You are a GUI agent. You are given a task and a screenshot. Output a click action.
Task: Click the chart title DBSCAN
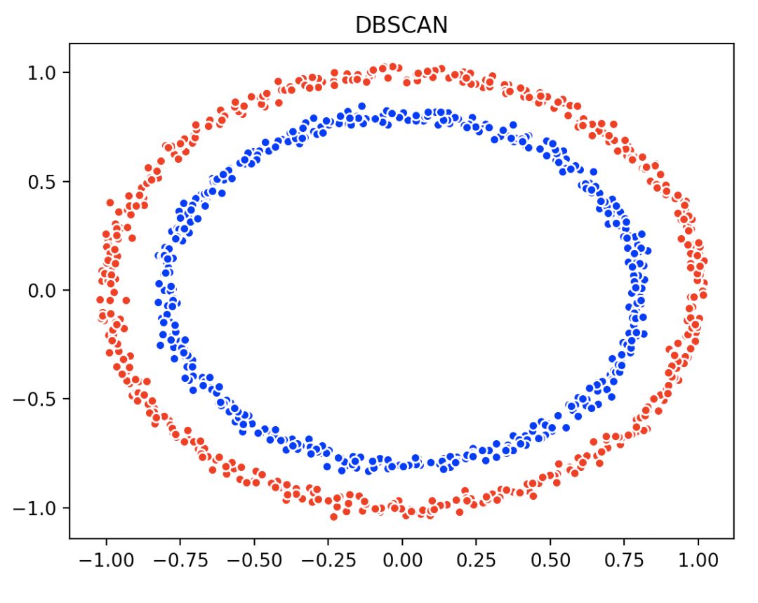(x=401, y=25)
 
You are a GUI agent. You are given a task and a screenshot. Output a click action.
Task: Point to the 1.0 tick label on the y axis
(x=44, y=73)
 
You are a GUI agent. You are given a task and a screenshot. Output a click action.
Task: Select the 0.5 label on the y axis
(x=44, y=182)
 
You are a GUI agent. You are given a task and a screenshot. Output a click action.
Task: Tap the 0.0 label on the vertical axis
(x=44, y=291)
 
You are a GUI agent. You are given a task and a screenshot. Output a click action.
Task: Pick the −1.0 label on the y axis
(x=38, y=508)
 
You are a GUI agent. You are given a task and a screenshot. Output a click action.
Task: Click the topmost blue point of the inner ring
(x=362, y=107)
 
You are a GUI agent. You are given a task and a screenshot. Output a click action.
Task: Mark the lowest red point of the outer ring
(x=333, y=517)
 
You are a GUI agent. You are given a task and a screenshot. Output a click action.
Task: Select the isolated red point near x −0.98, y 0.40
(x=110, y=202)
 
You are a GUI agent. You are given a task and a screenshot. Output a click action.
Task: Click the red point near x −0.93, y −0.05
(x=126, y=300)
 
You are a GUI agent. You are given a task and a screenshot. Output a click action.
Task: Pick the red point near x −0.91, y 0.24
(x=132, y=238)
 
